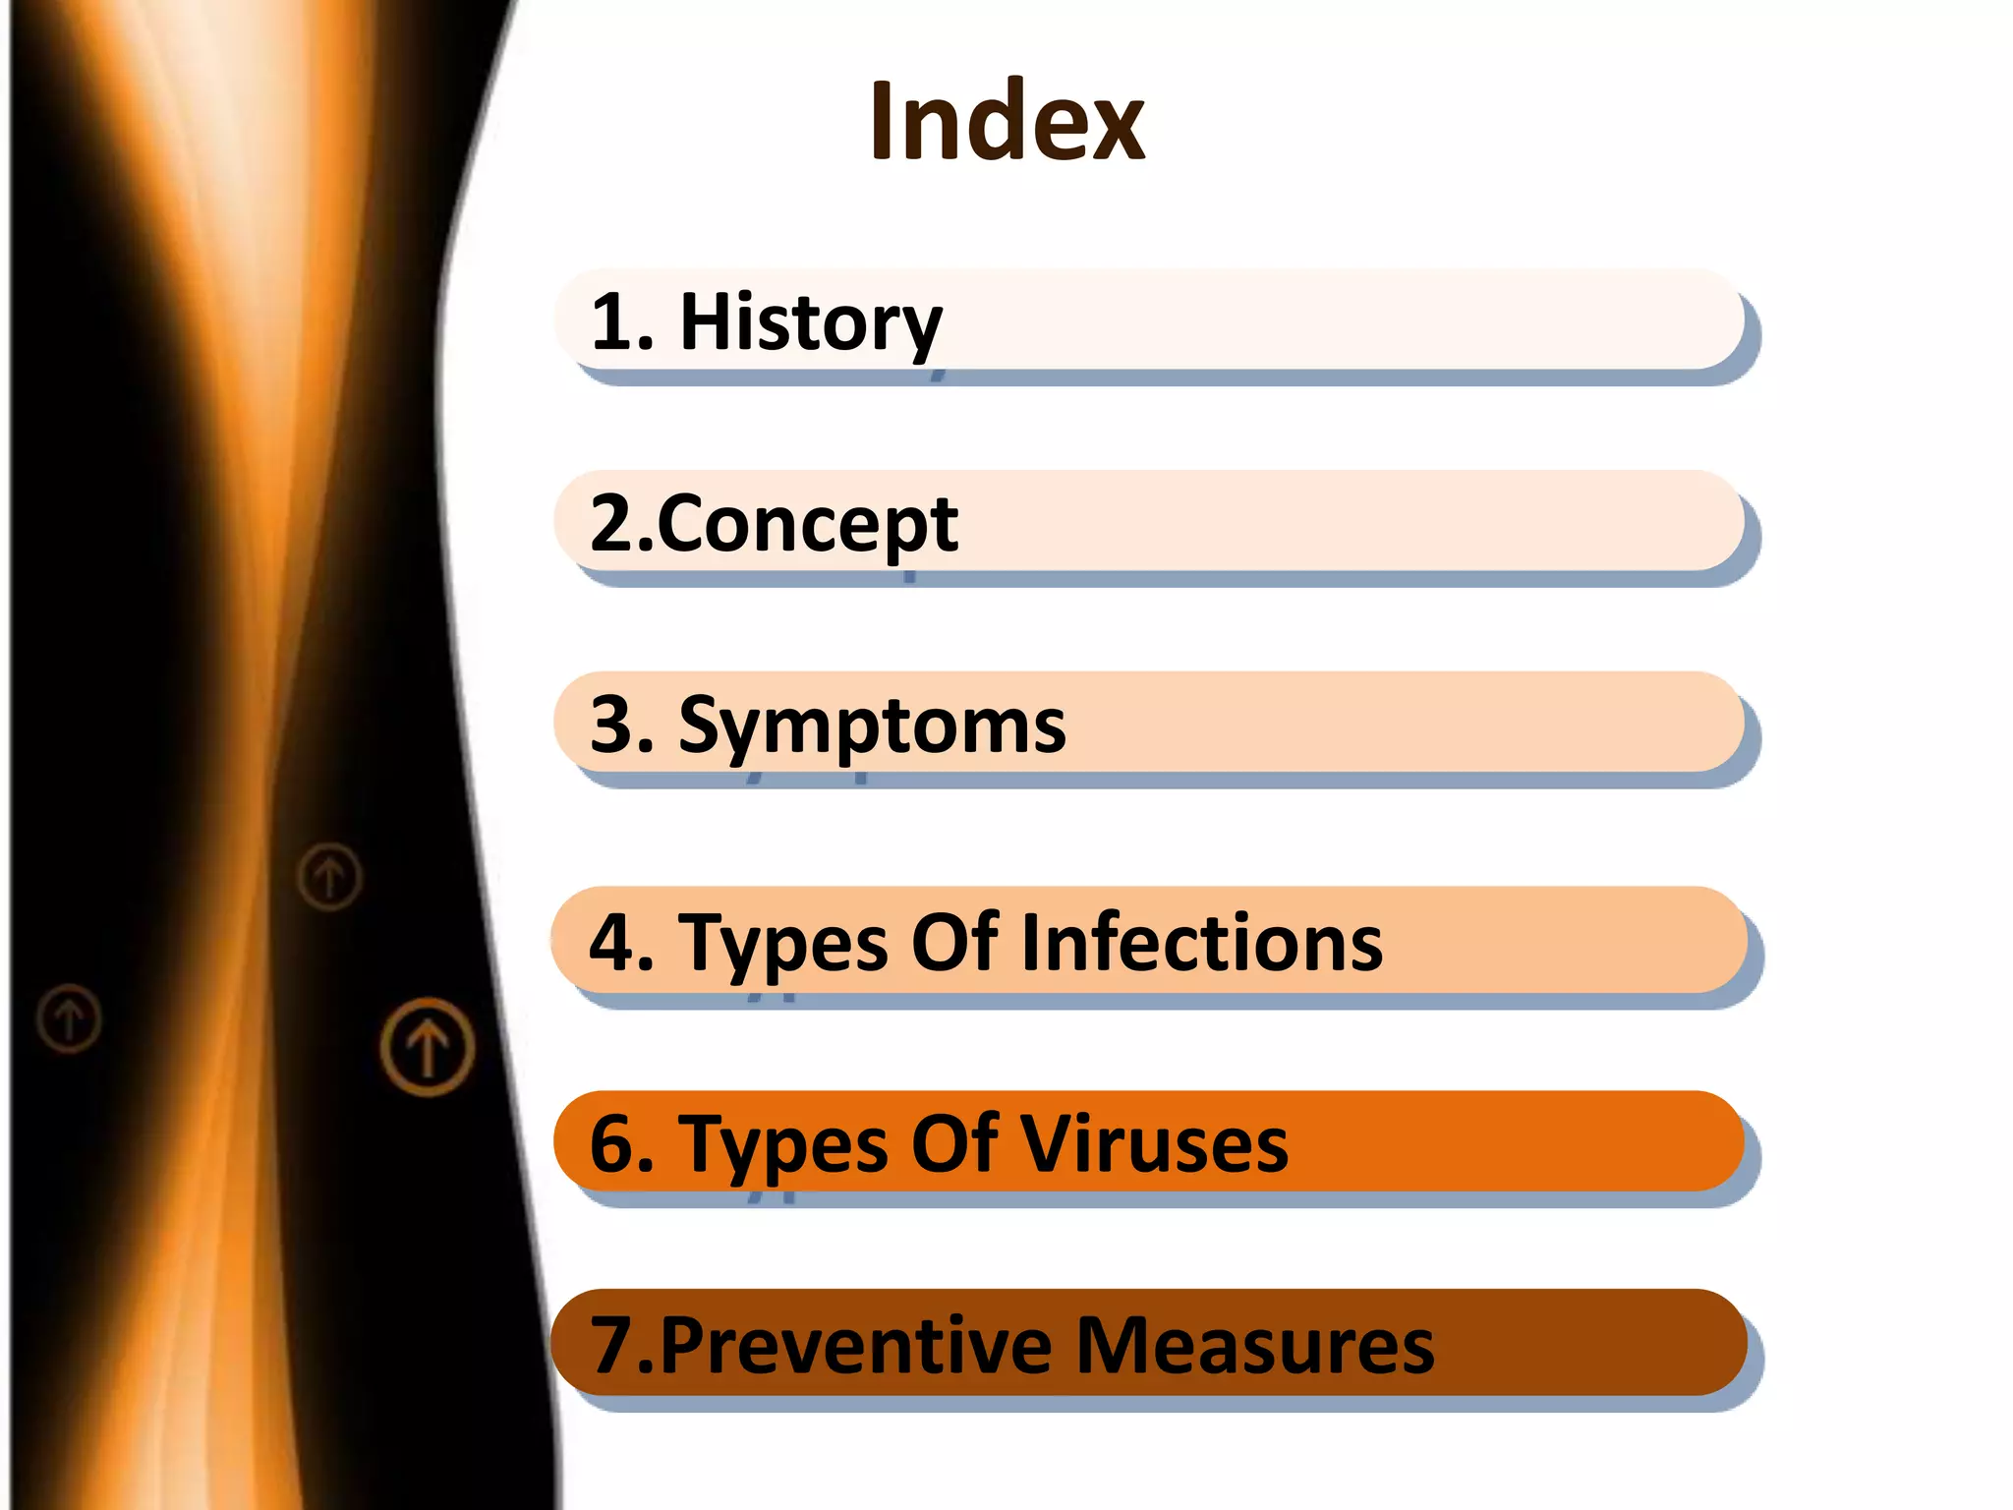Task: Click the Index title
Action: (x=1006, y=122)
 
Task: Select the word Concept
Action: (x=806, y=524)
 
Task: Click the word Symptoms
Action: (x=872, y=726)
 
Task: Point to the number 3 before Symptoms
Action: (x=611, y=726)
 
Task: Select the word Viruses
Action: (x=1154, y=1144)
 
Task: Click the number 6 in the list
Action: (x=611, y=1144)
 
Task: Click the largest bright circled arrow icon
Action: (x=428, y=1046)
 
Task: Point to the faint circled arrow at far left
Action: (x=69, y=1018)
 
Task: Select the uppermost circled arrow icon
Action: (x=329, y=875)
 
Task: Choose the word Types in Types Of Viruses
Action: (x=782, y=1144)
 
